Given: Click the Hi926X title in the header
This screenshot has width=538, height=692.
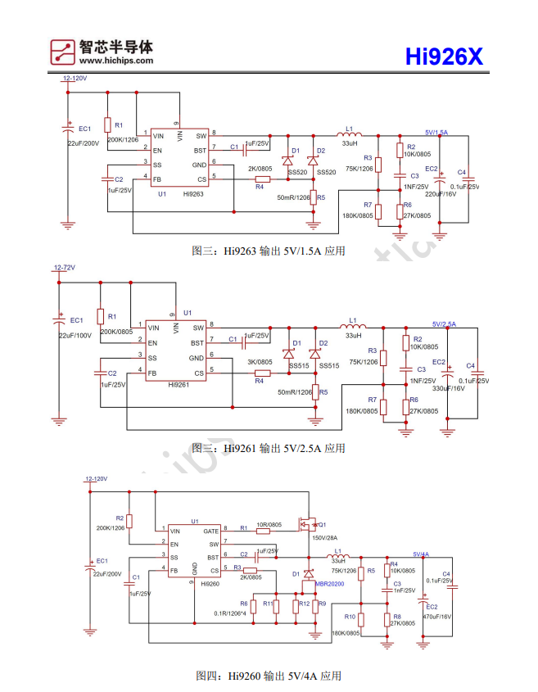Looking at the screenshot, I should (445, 57).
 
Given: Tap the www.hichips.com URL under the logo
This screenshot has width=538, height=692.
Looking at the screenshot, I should (116, 60).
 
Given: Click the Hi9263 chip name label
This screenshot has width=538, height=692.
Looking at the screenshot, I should (193, 194).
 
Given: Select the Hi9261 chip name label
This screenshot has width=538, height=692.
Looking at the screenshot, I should (179, 383).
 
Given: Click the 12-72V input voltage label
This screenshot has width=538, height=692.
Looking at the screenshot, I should (64, 268).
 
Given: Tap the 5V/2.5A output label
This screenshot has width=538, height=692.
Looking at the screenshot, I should (445, 324).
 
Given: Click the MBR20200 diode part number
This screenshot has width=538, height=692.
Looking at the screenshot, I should (330, 585).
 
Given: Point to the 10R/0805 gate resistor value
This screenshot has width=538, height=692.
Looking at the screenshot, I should (269, 525).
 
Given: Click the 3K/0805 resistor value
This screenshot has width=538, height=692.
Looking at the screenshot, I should (260, 361).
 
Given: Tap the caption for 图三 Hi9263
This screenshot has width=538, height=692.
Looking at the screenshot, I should (268, 251).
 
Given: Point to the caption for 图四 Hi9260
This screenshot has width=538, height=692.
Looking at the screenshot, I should (268, 676).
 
